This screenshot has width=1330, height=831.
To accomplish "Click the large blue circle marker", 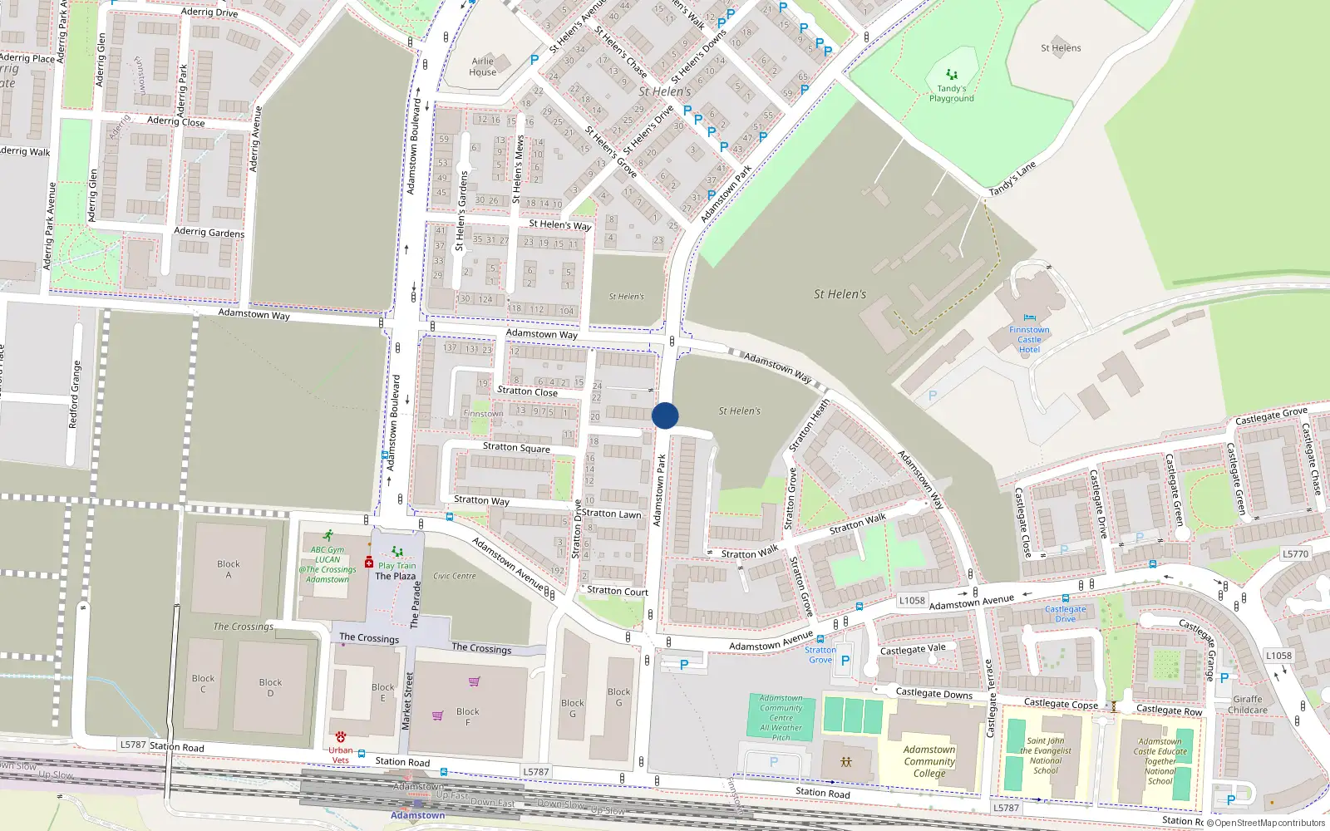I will [x=665, y=415].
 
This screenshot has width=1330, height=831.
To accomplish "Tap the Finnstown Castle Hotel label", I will [x=1029, y=340].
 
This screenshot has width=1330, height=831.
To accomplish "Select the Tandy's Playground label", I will [x=952, y=93].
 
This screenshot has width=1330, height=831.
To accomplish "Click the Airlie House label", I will [x=482, y=66].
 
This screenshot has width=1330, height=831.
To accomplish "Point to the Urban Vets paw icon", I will [x=341, y=737].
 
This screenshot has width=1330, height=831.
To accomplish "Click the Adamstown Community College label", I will [x=929, y=761].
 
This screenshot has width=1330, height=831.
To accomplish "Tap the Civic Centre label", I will [x=455, y=576].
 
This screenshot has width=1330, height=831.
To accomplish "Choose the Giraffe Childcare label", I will [x=1248, y=705].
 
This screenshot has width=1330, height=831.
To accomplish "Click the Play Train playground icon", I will [x=397, y=552].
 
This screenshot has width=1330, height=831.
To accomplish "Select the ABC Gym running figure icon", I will [x=328, y=536].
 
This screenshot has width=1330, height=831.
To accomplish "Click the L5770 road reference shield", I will [x=1295, y=553].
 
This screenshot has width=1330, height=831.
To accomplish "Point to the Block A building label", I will [x=229, y=569].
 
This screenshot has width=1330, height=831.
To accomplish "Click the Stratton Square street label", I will [x=516, y=447].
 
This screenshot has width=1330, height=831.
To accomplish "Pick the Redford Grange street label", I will [x=75, y=395].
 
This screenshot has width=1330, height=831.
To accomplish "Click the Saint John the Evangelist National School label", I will [x=1046, y=755].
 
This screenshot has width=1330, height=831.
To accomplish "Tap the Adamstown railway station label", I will [x=417, y=815].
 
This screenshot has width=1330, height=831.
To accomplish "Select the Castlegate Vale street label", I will [x=913, y=649].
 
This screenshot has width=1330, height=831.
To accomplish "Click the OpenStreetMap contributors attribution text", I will [x=1269, y=824].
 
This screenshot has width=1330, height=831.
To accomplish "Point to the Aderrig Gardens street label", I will [x=209, y=232].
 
